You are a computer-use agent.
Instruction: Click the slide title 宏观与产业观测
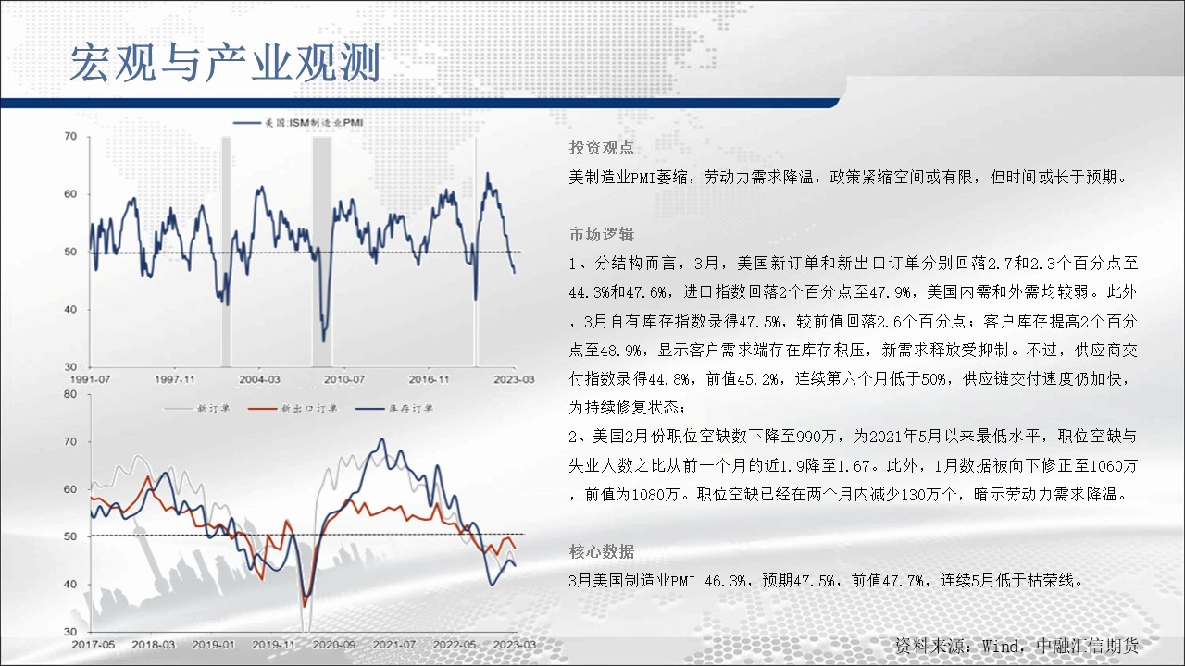click(x=225, y=64)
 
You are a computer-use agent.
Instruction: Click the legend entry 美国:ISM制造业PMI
click(x=298, y=123)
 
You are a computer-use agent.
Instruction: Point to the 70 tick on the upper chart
click(x=71, y=137)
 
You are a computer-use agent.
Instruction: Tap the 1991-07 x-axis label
click(x=90, y=379)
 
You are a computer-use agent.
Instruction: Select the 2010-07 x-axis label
click(x=344, y=379)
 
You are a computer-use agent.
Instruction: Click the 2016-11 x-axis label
click(x=429, y=379)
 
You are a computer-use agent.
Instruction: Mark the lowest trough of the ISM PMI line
click(x=324, y=341)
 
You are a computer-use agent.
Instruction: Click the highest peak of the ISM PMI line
click(x=487, y=173)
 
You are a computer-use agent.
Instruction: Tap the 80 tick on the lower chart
click(x=70, y=394)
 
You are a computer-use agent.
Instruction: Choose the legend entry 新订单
click(x=197, y=409)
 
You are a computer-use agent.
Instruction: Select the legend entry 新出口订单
click(x=293, y=409)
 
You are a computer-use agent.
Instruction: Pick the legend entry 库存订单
click(x=394, y=409)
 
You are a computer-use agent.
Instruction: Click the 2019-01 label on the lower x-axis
click(x=213, y=645)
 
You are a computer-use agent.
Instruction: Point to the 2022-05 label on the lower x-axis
click(x=455, y=645)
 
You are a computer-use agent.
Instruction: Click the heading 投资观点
click(x=602, y=147)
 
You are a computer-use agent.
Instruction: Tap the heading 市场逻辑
click(x=602, y=234)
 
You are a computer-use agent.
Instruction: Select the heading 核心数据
click(x=602, y=552)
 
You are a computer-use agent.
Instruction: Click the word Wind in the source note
click(x=1001, y=646)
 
